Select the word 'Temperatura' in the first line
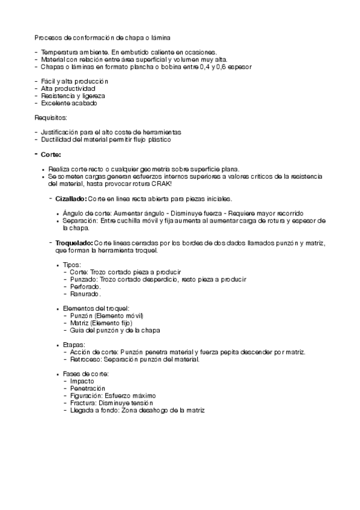click(x=58, y=52)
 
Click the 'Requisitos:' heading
click(x=50, y=117)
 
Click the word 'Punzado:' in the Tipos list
click(x=84, y=279)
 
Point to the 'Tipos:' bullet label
click(x=72, y=265)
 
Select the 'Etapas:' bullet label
click(x=74, y=345)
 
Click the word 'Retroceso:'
click(x=86, y=359)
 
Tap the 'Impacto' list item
click(x=82, y=381)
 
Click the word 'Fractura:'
click(x=84, y=403)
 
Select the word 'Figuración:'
click(x=87, y=396)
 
